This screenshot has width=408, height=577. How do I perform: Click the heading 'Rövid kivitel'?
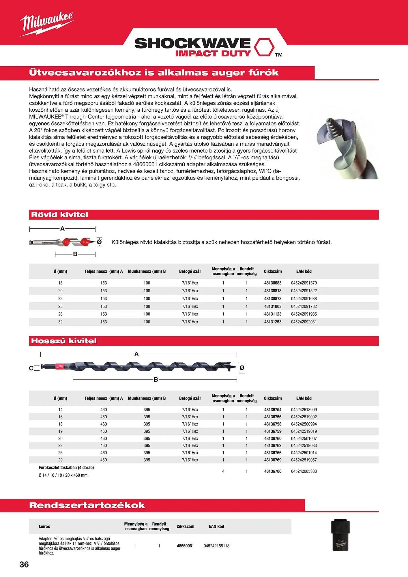click(x=59, y=215)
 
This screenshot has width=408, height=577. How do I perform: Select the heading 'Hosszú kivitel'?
click(x=64, y=341)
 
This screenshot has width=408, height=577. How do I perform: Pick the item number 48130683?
click(x=273, y=283)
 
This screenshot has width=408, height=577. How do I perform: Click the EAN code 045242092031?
click(x=304, y=322)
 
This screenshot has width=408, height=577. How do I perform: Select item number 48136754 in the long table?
click(x=273, y=410)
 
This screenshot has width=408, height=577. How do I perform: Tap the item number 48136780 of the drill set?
click(x=273, y=471)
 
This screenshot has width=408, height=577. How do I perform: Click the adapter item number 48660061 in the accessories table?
click(x=185, y=546)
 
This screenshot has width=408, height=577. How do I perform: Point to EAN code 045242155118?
click(x=216, y=546)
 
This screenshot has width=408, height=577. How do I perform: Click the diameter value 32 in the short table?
click(x=60, y=322)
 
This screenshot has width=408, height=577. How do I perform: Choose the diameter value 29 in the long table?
click(x=60, y=460)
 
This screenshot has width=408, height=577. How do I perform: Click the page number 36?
click(x=24, y=564)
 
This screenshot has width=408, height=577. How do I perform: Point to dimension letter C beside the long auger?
click(x=31, y=368)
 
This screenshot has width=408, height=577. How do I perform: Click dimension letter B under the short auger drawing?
click(x=75, y=254)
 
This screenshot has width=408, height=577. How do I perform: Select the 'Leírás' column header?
click(x=44, y=527)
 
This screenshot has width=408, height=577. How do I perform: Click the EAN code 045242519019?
click(x=304, y=431)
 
